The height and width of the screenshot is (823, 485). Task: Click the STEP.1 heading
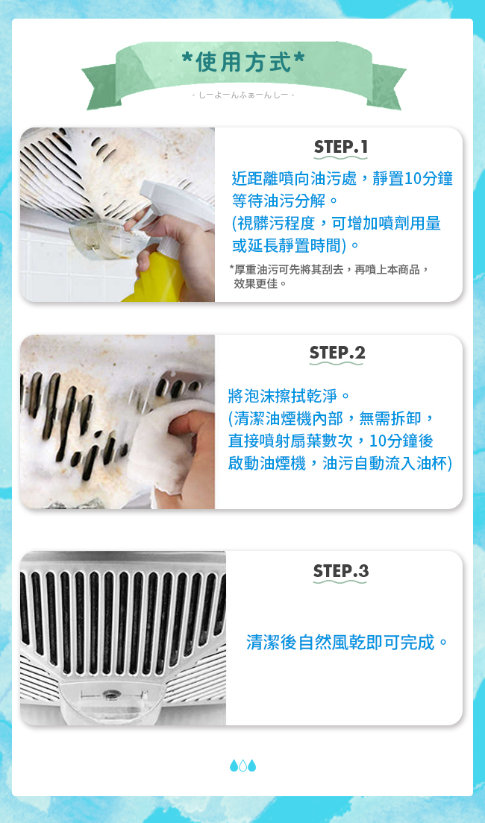pyautogui.click(x=340, y=148)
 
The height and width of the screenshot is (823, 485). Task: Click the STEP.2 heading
pyautogui.click(x=337, y=353)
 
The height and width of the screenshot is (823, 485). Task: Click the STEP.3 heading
pyautogui.click(x=340, y=570)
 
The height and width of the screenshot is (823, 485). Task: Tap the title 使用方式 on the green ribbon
pyautogui.click(x=242, y=62)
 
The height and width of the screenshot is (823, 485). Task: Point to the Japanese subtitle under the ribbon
pyautogui.click(x=242, y=95)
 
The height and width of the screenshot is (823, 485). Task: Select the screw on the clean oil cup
pyautogui.click(x=111, y=695)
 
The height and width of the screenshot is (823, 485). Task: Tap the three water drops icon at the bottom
pyautogui.click(x=242, y=766)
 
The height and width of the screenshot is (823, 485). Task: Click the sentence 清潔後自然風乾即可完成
pyautogui.click(x=347, y=642)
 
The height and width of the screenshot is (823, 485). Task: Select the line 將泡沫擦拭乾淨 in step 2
pyautogui.click(x=289, y=395)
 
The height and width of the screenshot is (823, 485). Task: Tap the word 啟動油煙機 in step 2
pyautogui.click(x=267, y=463)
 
